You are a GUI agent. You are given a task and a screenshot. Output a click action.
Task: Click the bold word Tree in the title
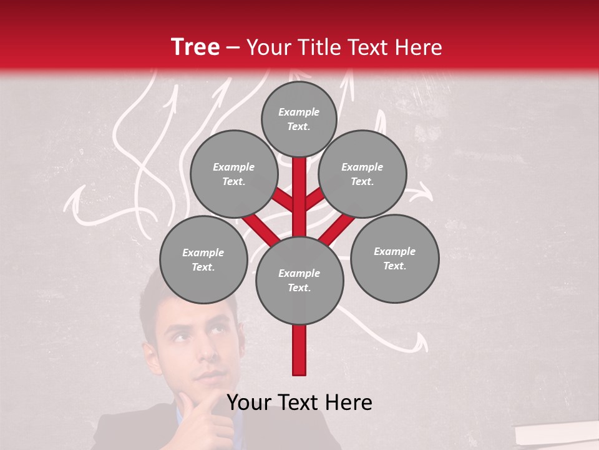pyautogui.click(x=195, y=47)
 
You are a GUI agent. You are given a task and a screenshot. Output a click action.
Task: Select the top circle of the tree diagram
pyautogui.click(x=299, y=119)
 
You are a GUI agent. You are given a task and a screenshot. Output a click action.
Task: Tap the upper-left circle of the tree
pyautogui.click(x=233, y=174)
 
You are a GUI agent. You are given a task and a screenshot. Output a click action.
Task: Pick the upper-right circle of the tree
pyautogui.click(x=362, y=174)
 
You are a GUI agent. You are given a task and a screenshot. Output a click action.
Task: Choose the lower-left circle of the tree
pyautogui.click(x=203, y=260)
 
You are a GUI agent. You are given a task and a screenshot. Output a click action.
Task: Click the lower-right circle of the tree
pyautogui.click(x=394, y=259)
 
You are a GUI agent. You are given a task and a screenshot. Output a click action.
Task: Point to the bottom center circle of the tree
pyautogui.click(x=299, y=281)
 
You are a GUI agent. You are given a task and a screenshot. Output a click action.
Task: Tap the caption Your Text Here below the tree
pyautogui.click(x=299, y=402)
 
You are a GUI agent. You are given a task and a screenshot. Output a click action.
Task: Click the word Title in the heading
pyautogui.click(x=322, y=47)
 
